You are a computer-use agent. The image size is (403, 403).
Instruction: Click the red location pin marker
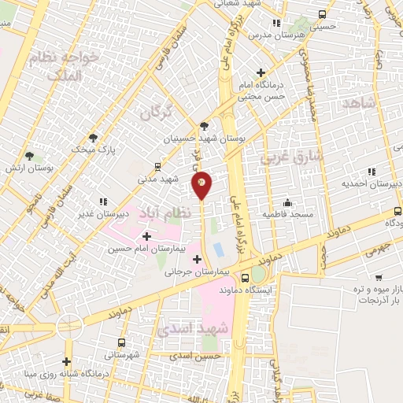pos(201,183)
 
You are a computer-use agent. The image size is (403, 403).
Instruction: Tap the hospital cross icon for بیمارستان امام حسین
pos(147,236)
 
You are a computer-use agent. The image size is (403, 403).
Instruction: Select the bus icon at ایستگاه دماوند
pos(245,278)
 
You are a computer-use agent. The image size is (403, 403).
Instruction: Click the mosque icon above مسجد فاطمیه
pos(287,202)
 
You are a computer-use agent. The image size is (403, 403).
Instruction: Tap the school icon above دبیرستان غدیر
pos(102,201)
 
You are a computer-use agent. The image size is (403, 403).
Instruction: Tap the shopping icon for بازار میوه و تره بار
pos(379,279)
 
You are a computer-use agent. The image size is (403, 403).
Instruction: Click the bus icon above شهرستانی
pos(120,342)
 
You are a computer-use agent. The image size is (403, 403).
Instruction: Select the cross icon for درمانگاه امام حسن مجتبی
pos(260,73)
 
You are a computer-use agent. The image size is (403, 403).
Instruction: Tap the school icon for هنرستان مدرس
pos(275,23)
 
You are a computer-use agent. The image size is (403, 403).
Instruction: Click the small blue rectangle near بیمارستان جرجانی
pos(218,251)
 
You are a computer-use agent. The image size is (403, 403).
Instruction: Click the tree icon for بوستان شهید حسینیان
pos(205,125)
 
